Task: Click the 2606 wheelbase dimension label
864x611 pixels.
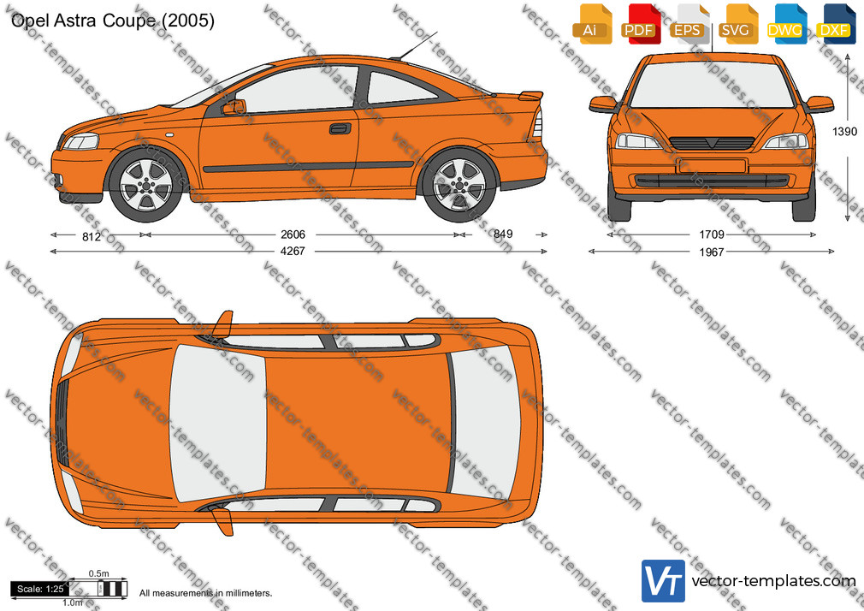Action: (293, 234)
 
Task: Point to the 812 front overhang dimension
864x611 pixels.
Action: (91, 236)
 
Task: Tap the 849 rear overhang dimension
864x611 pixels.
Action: (502, 234)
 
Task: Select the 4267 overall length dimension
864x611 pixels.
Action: (293, 251)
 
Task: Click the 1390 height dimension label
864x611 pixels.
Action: (844, 131)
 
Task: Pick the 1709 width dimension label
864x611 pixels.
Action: (712, 234)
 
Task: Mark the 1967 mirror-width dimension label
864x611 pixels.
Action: (712, 252)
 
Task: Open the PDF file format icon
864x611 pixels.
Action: (640, 24)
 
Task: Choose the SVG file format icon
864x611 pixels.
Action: (737, 24)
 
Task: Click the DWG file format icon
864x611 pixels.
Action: (786, 24)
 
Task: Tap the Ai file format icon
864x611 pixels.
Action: (592, 24)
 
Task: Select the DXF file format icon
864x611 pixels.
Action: (835, 24)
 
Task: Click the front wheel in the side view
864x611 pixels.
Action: (146, 184)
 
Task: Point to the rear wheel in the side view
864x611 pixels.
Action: (459, 185)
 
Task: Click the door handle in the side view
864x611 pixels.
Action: (340, 128)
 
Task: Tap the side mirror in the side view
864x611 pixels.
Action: (234, 107)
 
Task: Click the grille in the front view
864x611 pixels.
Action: (712, 143)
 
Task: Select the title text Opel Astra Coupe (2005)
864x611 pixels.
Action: (112, 21)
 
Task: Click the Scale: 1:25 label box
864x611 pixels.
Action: (39, 589)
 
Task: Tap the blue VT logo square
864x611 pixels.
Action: (663, 581)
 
